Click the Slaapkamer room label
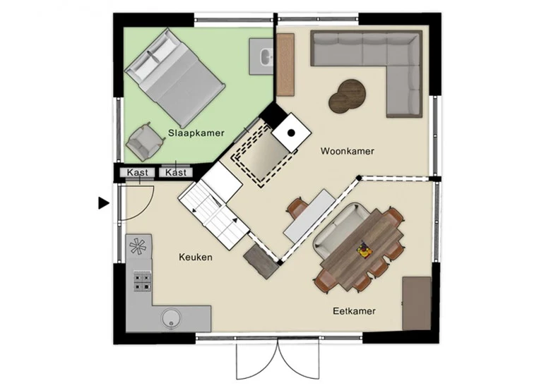point(196,133)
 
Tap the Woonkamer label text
point(347,151)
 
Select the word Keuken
point(196,257)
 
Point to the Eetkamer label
point(354,311)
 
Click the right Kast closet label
point(176,173)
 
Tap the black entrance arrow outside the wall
point(103,203)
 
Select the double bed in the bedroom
point(174,78)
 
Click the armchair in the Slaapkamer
point(145,141)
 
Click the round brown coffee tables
point(347,96)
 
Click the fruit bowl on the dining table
point(362,249)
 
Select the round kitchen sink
point(171,319)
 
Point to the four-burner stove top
point(142,281)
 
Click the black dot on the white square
point(291,133)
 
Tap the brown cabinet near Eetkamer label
point(417,303)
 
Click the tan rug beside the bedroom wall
point(285,65)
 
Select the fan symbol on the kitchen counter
point(138,245)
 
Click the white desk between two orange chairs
point(309,216)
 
